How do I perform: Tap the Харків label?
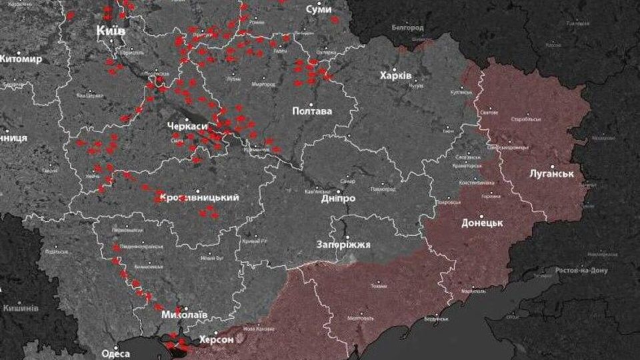click(396, 75)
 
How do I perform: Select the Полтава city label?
click(312, 111)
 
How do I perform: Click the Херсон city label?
click(216, 340)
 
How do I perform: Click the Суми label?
click(318, 9)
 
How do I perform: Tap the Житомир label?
click(20, 59)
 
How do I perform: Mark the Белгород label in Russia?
click(406, 28)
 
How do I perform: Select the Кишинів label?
click(20, 309)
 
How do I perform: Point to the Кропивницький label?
click(199, 198)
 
